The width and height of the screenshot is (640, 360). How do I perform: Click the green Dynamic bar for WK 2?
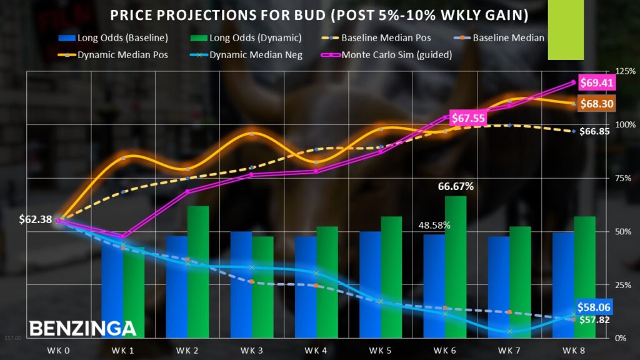pyautogui.click(x=198, y=272)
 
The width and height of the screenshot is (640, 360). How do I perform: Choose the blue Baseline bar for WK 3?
pyautogui.click(x=241, y=284)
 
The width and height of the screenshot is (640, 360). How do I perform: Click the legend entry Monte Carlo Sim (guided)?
pyautogui.click(x=387, y=55)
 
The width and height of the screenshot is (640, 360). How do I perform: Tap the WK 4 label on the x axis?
pyautogui.click(x=316, y=350)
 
